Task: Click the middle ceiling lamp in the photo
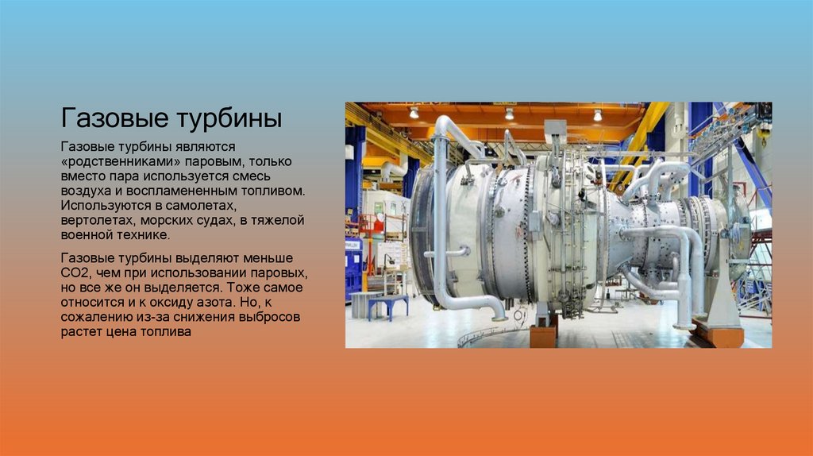(x=509, y=114)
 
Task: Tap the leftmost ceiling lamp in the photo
(x=414, y=113)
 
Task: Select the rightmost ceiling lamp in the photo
(x=597, y=115)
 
